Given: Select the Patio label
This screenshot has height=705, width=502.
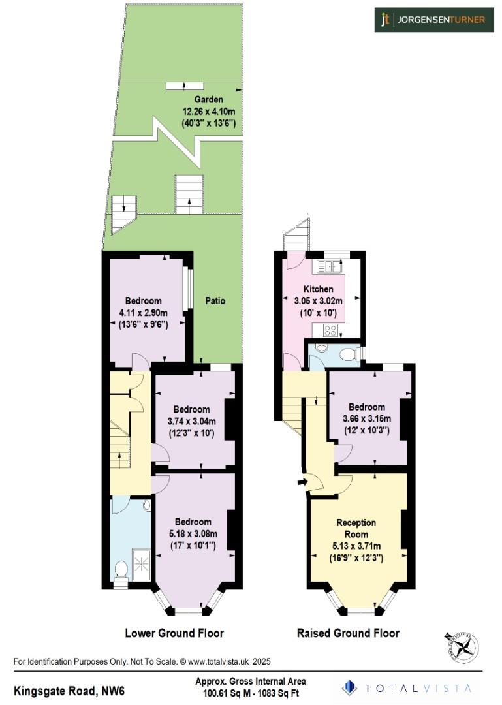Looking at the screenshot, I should (x=215, y=301).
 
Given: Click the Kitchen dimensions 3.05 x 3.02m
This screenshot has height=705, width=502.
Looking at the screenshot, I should (x=319, y=301).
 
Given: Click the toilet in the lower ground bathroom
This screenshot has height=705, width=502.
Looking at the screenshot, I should (x=120, y=571).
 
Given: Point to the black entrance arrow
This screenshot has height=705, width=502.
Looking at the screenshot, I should (x=301, y=482).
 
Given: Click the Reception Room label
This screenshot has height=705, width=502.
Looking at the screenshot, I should (x=356, y=528).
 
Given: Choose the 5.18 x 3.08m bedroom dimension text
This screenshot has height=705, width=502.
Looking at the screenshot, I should (x=193, y=534).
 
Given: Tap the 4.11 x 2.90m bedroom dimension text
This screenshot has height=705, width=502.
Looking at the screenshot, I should (x=143, y=313).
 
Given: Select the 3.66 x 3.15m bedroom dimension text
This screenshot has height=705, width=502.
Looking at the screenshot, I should (x=366, y=418).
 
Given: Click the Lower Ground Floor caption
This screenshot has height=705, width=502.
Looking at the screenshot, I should (x=174, y=633).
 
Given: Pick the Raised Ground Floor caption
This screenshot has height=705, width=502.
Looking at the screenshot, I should (x=348, y=633).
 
